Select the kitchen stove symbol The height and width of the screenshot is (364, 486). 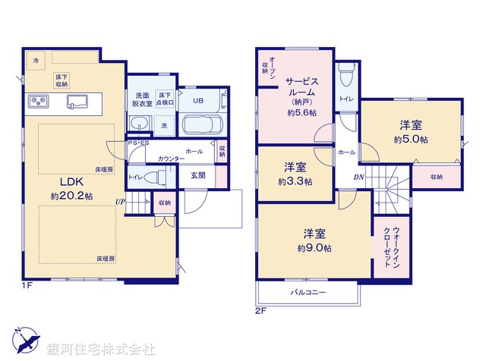(39, 102)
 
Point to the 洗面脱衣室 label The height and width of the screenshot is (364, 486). (144, 99)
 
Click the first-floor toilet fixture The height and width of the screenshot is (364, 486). (155, 177)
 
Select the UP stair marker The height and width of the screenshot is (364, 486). (120, 201)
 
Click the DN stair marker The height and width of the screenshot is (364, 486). (357, 178)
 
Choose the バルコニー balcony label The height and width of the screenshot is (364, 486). (308, 291)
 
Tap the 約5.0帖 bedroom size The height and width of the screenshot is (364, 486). (411, 140)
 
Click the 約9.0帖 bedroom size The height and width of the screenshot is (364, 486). (314, 247)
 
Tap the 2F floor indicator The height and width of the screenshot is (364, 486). (259, 310)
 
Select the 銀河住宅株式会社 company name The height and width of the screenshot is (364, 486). (101, 350)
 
